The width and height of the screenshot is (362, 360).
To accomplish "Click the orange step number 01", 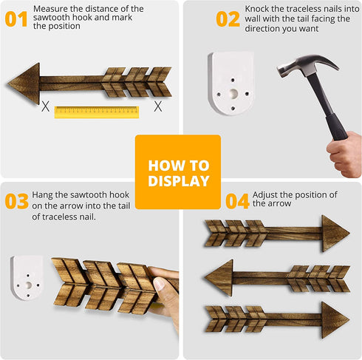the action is click(16, 19).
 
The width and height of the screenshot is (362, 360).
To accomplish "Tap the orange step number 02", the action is click(228, 19).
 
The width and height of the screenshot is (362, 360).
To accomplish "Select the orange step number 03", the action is click(17, 201).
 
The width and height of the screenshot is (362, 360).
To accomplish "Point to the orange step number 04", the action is click(237, 201).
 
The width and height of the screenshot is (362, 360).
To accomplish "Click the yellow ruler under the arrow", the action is click(97, 112).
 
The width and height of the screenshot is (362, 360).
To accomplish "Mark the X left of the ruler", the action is click(45, 106).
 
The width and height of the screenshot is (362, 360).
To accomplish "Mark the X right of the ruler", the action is click(158, 106).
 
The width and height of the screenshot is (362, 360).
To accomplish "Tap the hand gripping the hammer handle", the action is click(345, 154).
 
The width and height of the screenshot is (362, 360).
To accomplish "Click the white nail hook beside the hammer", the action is click(231, 83).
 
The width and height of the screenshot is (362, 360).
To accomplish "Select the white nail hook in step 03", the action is click(27, 277).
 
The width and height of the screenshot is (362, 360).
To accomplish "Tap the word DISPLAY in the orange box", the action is click(179, 181).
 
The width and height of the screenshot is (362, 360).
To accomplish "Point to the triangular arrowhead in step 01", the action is click(24, 84).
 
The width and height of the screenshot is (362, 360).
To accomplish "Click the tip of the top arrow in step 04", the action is click(349, 233).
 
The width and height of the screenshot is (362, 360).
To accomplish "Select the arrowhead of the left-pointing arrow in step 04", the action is click(219, 278).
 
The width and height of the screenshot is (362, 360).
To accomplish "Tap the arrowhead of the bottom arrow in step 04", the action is click(335, 320).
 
